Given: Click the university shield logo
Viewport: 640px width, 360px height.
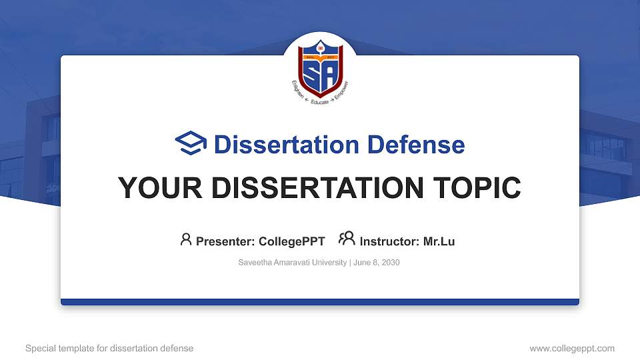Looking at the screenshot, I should [320, 68].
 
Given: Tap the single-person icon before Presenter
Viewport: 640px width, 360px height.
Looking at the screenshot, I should [186, 240].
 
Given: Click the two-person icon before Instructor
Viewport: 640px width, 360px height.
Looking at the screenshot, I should [347, 240].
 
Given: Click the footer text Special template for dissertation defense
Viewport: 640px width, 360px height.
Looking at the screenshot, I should [109, 348].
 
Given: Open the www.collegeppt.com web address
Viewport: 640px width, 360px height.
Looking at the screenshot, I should [571, 348].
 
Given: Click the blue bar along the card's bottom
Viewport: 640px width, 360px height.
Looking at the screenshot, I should [320, 302].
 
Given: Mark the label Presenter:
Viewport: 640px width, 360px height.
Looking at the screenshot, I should [225, 241].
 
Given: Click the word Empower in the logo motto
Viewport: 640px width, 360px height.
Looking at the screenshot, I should [341, 95].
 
